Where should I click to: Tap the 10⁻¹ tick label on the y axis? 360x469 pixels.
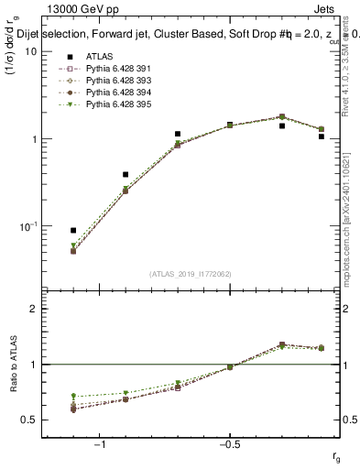click(x=27, y=225)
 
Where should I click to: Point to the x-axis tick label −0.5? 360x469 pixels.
click(x=229, y=444)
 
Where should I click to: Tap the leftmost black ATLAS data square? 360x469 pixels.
click(x=73, y=231)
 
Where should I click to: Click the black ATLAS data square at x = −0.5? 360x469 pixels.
click(x=230, y=125)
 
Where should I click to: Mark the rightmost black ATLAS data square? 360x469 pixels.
click(x=321, y=136)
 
